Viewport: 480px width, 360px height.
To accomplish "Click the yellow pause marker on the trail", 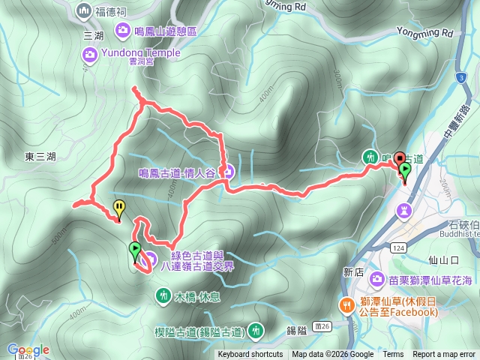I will [118, 208].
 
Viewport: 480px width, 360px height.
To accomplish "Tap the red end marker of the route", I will [400, 159].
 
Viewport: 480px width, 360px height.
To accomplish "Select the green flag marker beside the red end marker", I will [406, 171].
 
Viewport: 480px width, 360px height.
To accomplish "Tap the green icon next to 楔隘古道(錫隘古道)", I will [257, 329].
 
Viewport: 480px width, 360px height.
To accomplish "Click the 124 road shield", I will [397, 247].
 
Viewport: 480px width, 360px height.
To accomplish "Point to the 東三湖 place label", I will [40, 157].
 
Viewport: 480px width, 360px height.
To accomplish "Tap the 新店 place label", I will [353, 272].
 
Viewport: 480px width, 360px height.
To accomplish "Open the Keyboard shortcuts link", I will [250, 355].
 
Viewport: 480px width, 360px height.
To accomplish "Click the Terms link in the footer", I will [393, 355].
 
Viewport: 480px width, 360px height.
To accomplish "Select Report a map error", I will [445, 355].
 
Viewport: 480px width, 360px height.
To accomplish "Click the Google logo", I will [28, 350].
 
